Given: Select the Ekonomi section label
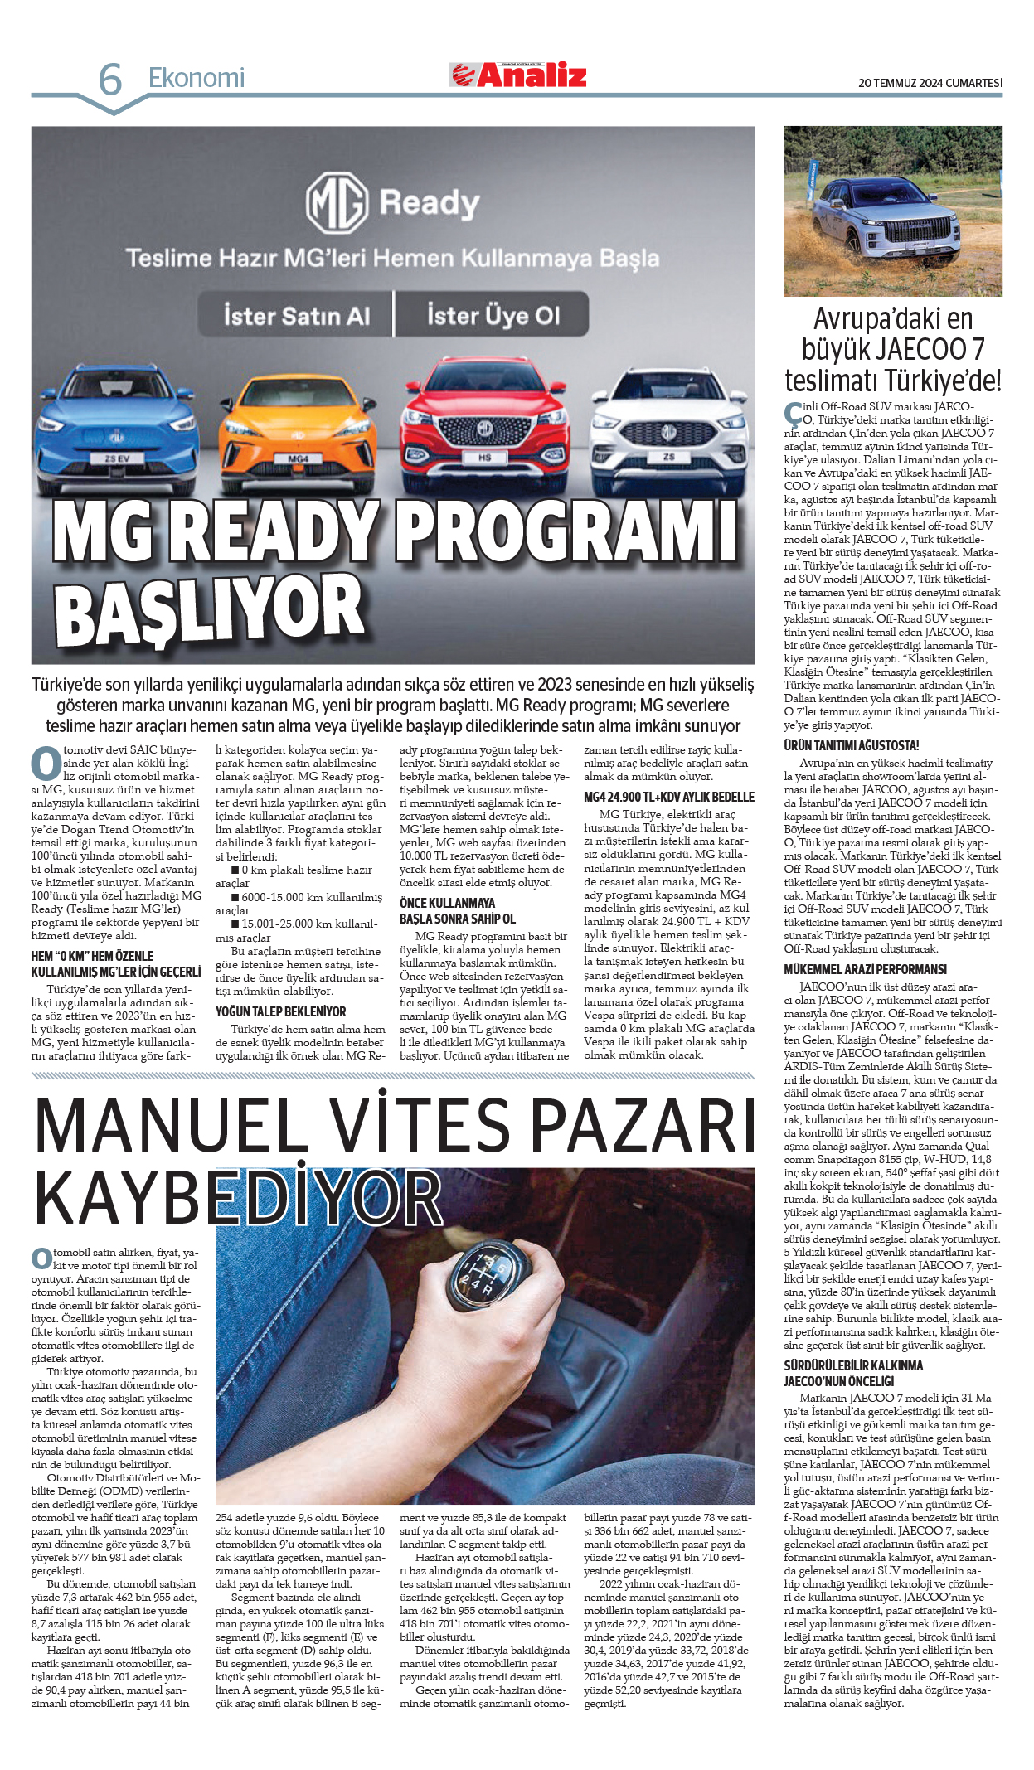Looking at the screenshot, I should (x=197, y=78).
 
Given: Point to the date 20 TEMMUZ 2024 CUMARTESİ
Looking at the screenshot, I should (x=930, y=83).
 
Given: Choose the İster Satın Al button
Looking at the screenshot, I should (x=296, y=316).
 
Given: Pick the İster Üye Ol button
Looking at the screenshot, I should (x=493, y=316).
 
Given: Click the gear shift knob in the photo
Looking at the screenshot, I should (x=488, y=1278).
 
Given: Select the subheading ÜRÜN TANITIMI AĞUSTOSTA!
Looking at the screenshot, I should (x=851, y=745).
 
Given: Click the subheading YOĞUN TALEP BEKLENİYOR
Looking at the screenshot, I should (x=280, y=1011).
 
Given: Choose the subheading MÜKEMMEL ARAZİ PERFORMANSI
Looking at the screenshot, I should (x=865, y=969).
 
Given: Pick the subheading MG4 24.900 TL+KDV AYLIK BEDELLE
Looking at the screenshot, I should (x=668, y=797).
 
